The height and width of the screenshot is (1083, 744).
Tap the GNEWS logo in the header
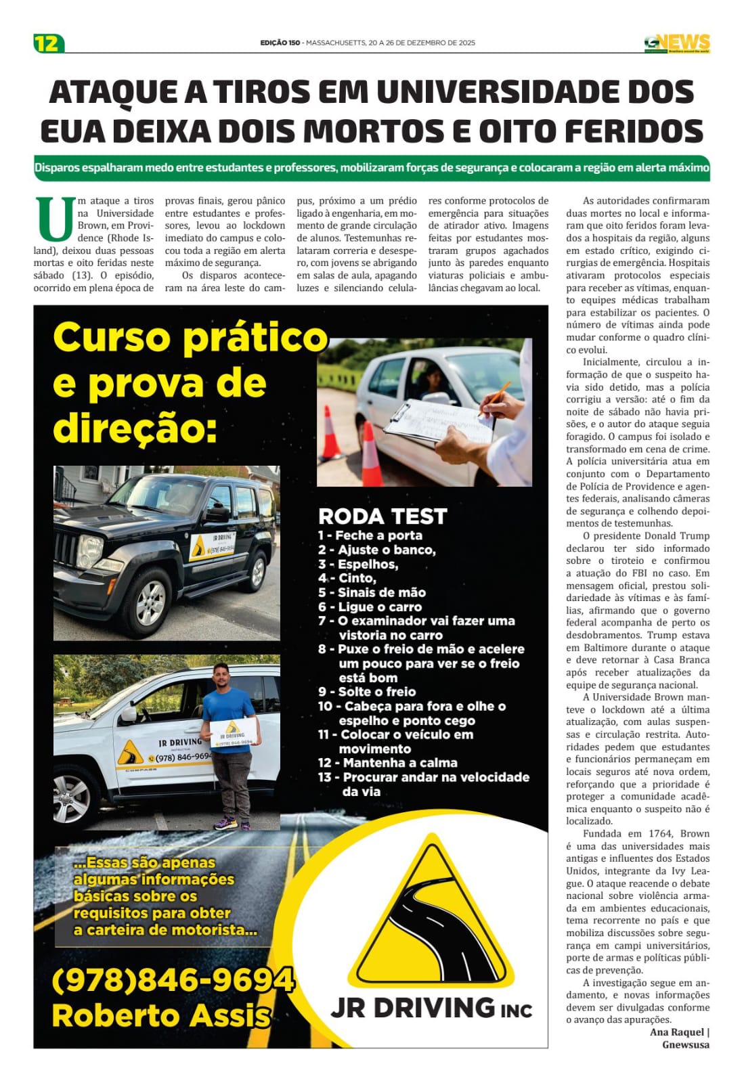(676, 43)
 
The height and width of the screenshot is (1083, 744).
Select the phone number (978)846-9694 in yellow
(173, 979)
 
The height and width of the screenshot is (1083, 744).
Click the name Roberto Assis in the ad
(161, 1015)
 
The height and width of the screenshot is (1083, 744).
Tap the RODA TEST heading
(382, 516)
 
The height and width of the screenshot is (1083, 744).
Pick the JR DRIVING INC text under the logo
(431, 1008)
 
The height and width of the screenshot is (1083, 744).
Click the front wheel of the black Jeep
(150, 602)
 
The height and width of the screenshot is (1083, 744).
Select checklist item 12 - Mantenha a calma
(388, 763)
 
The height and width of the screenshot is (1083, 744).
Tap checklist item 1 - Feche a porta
(370, 535)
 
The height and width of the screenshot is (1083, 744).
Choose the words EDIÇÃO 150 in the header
(280, 43)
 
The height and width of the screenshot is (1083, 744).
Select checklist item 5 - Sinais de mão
(372, 592)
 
